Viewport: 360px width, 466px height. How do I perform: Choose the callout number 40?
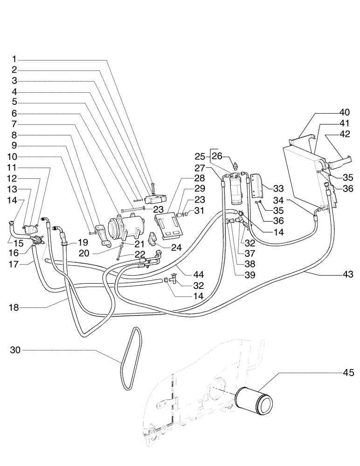pyautogui.click(x=344, y=112)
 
